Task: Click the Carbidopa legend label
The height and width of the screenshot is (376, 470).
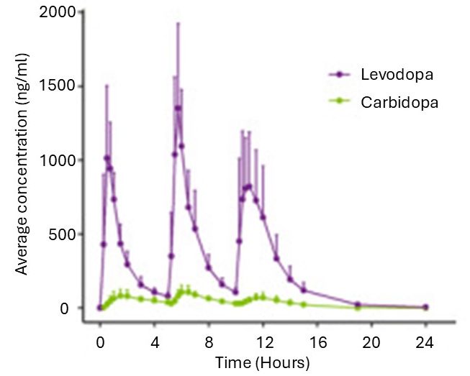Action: coord(398,102)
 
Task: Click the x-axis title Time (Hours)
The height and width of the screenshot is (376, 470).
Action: coord(263,361)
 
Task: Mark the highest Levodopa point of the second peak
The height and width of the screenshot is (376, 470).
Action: coord(178,109)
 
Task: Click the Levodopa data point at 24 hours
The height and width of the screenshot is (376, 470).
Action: coord(425,307)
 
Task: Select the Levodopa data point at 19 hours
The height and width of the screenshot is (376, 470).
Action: coord(358,305)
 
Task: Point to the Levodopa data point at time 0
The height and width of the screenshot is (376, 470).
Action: coord(100,308)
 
